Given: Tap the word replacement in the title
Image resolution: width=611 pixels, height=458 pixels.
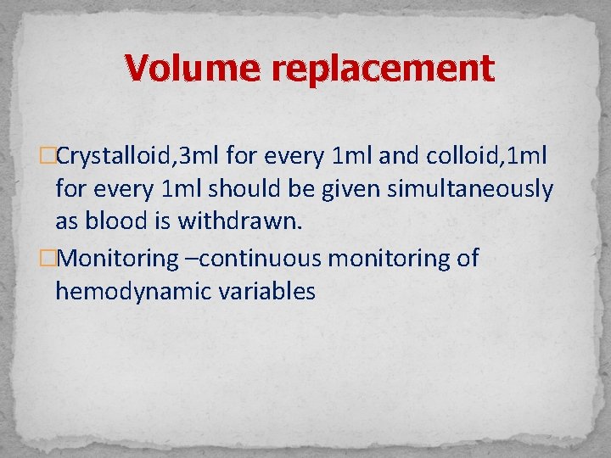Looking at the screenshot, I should click(380, 67).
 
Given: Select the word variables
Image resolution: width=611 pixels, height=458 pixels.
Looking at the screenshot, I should click(268, 292).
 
